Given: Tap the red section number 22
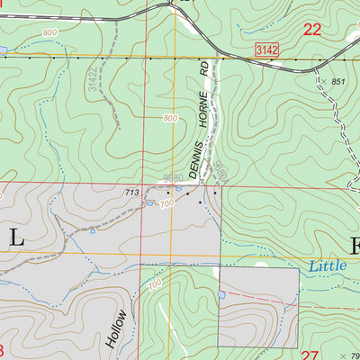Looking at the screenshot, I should pos(313,29).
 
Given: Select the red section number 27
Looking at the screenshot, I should pos(310,354).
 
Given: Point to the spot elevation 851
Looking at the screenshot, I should pos(337,82).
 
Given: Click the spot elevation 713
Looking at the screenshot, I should pos(131,192).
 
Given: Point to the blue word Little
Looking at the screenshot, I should pos(327,266).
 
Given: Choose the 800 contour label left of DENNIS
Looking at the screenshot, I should pos(170,119).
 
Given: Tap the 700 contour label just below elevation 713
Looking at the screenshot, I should pos(167,205).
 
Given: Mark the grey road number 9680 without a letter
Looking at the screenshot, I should pos(175,178).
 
